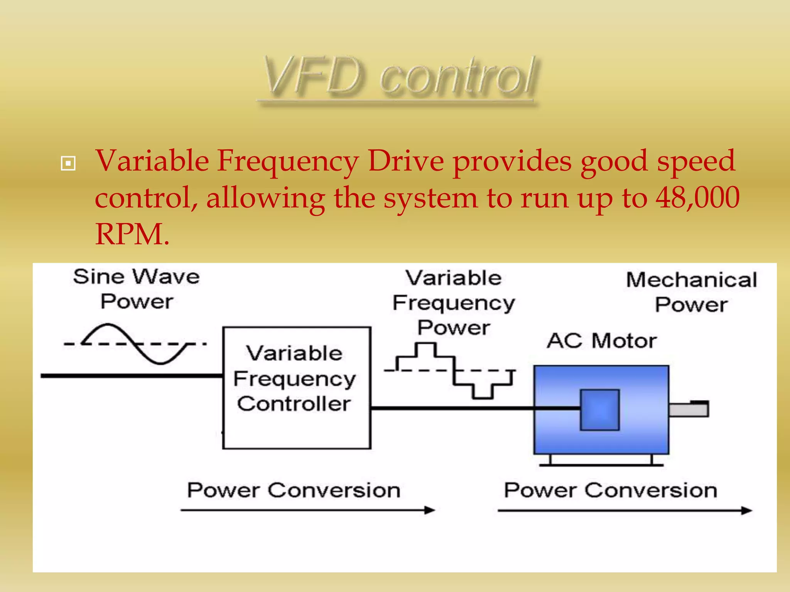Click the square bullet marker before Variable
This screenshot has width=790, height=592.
click(68, 163)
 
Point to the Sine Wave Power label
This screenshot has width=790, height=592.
click(137, 289)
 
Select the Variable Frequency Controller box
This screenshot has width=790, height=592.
click(297, 387)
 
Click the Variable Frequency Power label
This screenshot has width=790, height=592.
click(454, 303)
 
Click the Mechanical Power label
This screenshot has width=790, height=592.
click(691, 292)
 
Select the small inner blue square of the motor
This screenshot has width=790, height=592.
click(600, 410)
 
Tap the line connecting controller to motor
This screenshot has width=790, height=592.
click(451, 408)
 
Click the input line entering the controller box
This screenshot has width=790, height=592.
click(131, 375)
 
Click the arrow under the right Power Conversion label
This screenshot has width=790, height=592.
click(625, 511)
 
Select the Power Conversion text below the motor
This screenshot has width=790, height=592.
click(611, 491)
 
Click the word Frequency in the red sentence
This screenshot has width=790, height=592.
click(287, 161)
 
